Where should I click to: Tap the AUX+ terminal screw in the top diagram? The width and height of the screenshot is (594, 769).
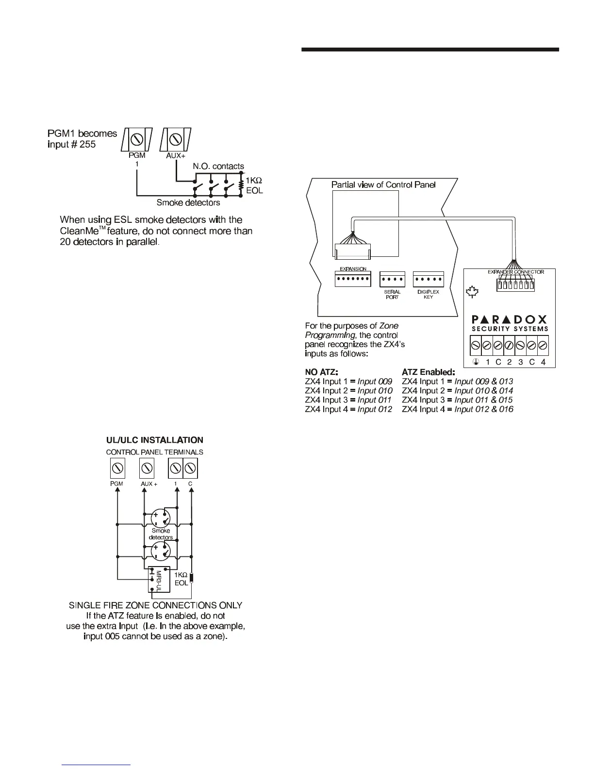[x=176, y=139]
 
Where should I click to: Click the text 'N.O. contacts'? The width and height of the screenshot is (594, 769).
[x=218, y=167]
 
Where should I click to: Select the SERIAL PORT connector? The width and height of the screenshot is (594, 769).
[x=392, y=280]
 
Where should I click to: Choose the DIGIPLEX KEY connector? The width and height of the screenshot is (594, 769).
[x=428, y=280]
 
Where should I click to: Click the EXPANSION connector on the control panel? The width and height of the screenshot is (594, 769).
[x=353, y=280]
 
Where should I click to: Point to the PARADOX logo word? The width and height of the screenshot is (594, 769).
[x=510, y=319]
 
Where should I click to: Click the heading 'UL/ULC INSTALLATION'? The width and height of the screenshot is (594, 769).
[x=155, y=440]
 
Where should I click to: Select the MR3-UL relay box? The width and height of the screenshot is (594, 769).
[x=159, y=579]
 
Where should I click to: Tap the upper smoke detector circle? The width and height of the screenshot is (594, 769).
[x=161, y=519]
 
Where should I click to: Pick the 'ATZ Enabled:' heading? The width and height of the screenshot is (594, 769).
[x=429, y=372]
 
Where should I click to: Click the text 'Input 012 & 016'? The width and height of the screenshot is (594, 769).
[x=483, y=409]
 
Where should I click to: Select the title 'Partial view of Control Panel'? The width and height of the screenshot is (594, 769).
[x=383, y=184]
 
